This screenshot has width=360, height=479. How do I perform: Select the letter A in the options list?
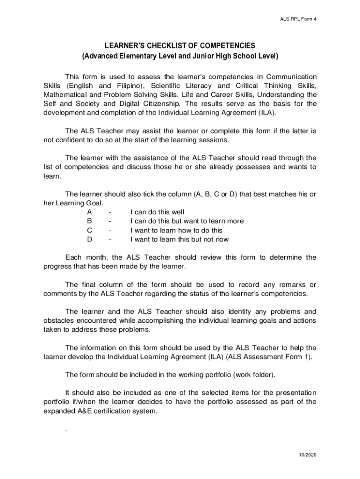pyautogui.click(x=89, y=212)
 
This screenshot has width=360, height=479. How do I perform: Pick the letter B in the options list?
pyautogui.click(x=89, y=221)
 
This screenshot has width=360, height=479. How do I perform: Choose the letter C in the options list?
pyautogui.click(x=89, y=230)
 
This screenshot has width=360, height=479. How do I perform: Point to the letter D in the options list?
pyautogui.click(x=89, y=239)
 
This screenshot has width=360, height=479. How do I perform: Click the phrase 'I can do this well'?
pyautogui.click(x=158, y=212)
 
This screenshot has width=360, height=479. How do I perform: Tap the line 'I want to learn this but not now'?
pyautogui.click(x=180, y=239)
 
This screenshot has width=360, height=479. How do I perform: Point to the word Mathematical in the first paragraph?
pyautogui.click(x=64, y=95)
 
